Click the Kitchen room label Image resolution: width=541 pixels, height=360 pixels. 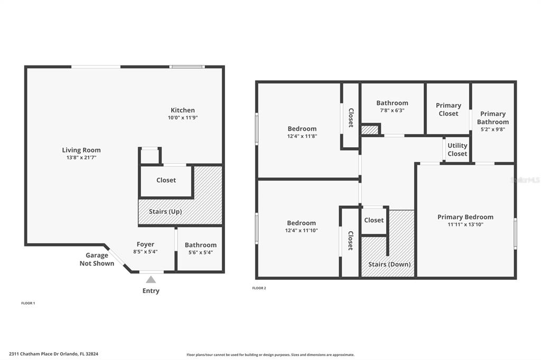click(x=182, y=110)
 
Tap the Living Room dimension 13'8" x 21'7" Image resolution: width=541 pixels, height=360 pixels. click(x=81, y=158)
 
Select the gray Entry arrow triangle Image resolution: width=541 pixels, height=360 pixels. click(x=151, y=279)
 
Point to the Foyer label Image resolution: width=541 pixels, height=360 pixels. click(x=145, y=244)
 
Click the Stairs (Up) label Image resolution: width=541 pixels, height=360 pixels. click(x=165, y=211)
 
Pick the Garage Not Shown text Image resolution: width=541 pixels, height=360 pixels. click(x=97, y=259)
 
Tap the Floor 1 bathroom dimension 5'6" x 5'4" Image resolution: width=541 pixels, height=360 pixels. click(x=200, y=252)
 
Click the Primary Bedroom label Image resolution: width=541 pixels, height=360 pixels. click(x=465, y=217)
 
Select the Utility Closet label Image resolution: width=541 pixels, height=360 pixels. click(x=457, y=150)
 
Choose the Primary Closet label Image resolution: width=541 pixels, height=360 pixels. click(x=448, y=109)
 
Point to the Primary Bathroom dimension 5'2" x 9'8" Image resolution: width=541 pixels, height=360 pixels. click(x=493, y=130)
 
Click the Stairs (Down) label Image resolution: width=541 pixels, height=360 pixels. click(x=389, y=264)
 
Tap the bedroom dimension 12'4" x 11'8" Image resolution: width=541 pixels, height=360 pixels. click(x=302, y=136)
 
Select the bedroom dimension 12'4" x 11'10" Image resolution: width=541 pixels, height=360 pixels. click(x=301, y=230)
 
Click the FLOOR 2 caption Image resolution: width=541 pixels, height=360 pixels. click(x=259, y=288)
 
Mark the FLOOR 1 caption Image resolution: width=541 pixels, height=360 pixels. click(x=28, y=303)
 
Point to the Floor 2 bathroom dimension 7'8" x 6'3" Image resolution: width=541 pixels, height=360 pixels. click(x=392, y=111)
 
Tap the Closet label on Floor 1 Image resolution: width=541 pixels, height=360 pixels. click(x=166, y=180)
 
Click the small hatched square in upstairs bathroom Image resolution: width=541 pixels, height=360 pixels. click(x=370, y=130)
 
